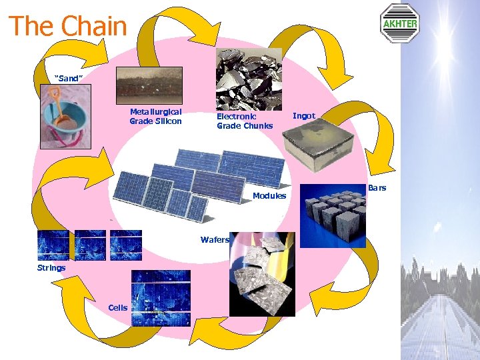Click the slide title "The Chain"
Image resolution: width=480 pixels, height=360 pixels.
pyautogui.click(x=67, y=27)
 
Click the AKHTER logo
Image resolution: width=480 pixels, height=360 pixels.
pyautogui.click(x=399, y=23)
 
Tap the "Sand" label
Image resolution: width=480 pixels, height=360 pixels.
pyautogui.click(x=68, y=79)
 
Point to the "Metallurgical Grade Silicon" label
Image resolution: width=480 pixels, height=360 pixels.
pyautogui.click(x=155, y=117)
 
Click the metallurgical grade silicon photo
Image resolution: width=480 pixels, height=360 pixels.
pyautogui.click(x=149, y=85)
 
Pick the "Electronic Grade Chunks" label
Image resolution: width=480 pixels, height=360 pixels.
pyautogui.click(x=244, y=121)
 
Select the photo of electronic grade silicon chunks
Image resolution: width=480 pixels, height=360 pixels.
pyautogui.click(x=248, y=78)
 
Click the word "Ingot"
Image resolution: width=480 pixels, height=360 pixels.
pyautogui.click(x=304, y=116)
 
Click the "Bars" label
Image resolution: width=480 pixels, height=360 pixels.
pyautogui.click(x=377, y=188)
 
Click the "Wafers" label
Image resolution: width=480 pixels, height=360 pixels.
pyautogui.click(x=214, y=240)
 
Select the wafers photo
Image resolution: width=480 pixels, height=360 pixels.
pyautogui.click(x=261, y=273)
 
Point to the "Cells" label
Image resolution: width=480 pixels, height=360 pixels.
pyautogui.click(x=117, y=307)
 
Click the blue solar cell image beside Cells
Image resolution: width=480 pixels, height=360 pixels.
pyautogui.click(x=161, y=298)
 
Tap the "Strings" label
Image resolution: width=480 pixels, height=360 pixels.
pyautogui.click(x=51, y=268)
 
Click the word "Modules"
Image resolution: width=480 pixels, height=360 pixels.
pyautogui.click(x=269, y=196)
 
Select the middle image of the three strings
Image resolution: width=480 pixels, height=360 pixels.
pyautogui.click(x=90, y=245)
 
